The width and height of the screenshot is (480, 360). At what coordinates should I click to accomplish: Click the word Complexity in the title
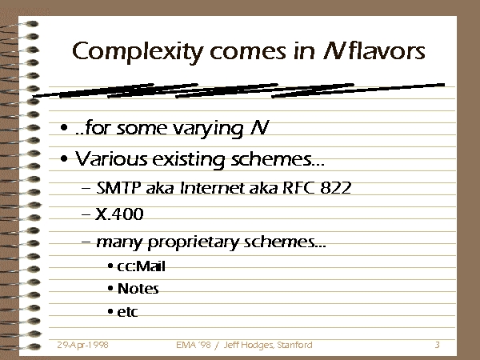point(138,52)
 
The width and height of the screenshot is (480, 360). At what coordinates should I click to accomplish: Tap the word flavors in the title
point(388,51)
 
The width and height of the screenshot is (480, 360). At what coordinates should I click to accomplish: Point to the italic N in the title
point(334,51)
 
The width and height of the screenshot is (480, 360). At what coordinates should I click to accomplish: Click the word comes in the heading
point(248,53)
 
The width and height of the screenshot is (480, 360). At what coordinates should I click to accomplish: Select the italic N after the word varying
point(259,127)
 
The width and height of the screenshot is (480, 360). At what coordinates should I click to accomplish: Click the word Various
point(111,159)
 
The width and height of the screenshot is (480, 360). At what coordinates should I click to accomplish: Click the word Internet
point(211,188)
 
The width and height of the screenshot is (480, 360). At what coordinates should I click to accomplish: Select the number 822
point(336,188)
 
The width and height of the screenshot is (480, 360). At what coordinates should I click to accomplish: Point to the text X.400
point(119,214)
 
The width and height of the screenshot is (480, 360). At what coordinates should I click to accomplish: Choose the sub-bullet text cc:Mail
point(141,266)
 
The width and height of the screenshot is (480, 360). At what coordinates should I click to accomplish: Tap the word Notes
point(138,289)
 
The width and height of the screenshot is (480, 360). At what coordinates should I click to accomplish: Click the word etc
point(127,312)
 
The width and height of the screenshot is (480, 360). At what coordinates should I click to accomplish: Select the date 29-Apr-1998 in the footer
point(82,345)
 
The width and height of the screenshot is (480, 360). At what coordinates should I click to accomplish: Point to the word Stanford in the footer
point(294,345)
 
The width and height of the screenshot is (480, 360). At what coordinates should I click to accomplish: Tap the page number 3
point(438,345)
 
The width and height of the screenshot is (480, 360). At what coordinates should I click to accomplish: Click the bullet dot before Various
point(64,159)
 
